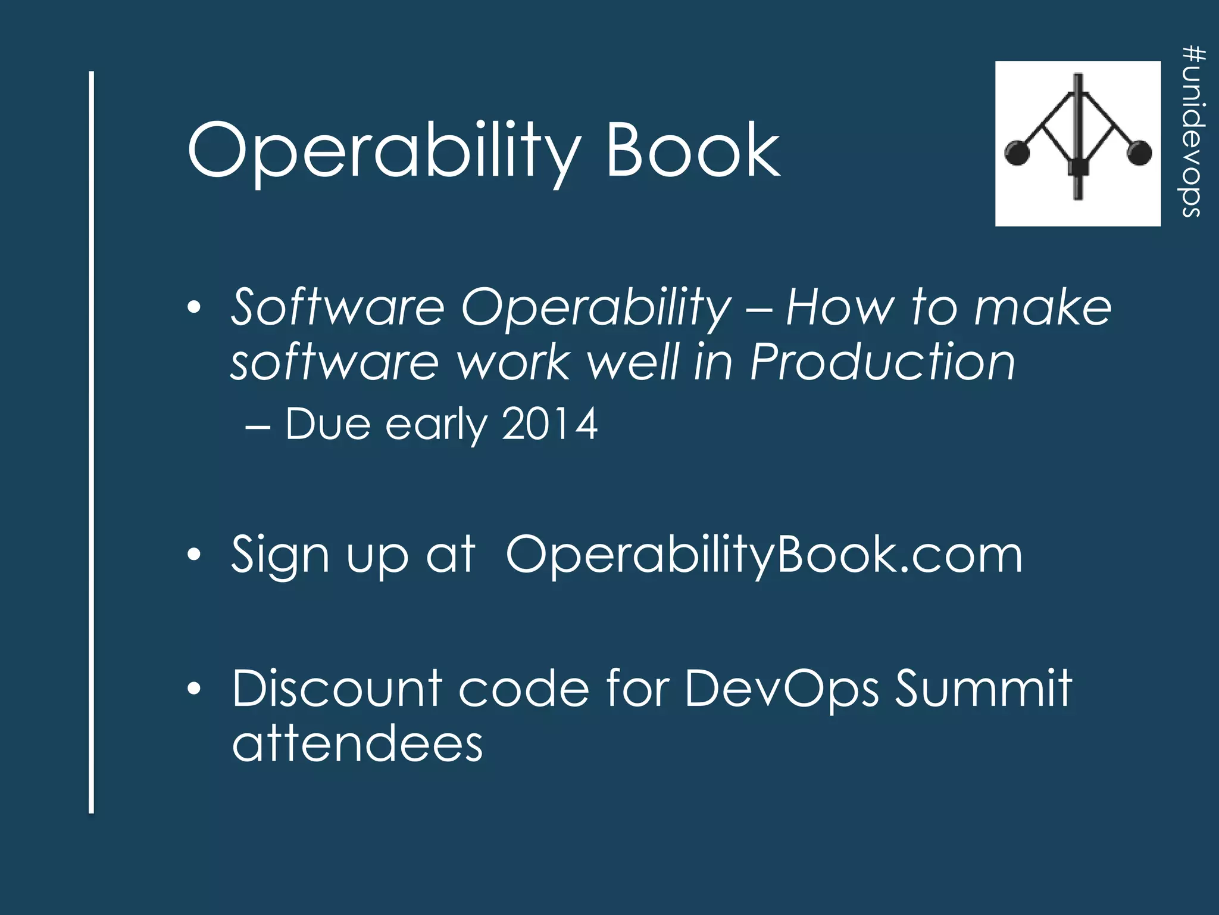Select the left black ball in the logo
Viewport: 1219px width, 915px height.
tap(1017, 152)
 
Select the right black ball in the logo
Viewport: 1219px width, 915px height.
tap(1139, 152)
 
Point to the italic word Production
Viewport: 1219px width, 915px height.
tap(882, 362)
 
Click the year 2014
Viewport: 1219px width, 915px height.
tap(549, 424)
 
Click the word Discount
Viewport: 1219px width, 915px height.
tap(336, 689)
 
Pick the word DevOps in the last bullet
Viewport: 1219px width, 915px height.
tap(781, 689)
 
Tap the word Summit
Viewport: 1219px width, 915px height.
tap(983, 689)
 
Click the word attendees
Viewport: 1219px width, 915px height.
tap(357, 745)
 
